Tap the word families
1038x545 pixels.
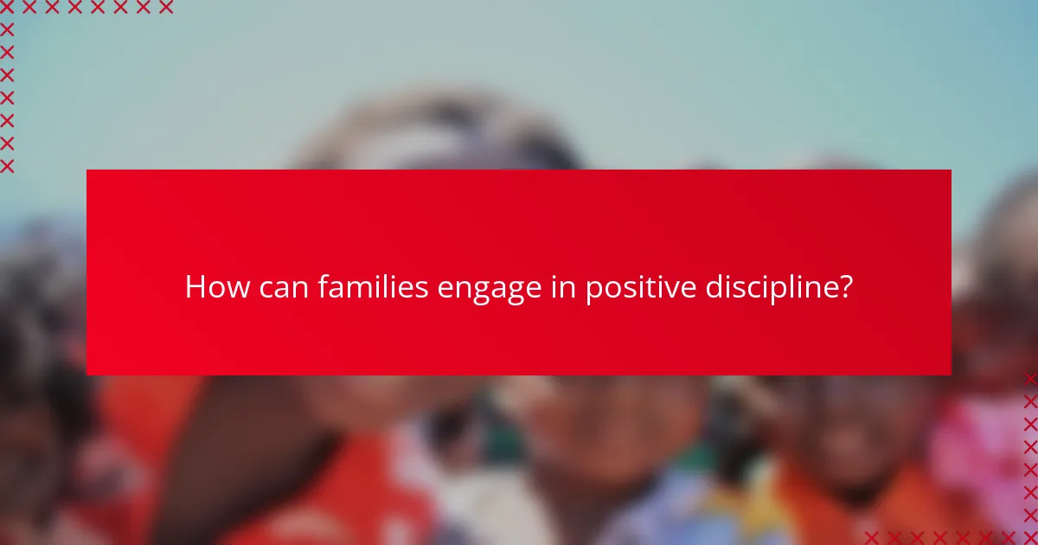pyautogui.click(x=374, y=287)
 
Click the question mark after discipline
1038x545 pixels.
pyautogui.click(x=845, y=287)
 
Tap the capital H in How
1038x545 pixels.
pyautogui.click(x=195, y=287)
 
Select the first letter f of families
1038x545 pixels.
pyautogui.click(x=322, y=286)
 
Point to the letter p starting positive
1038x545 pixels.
pyautogui.click(x=593, y=291)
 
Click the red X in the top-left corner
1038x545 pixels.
pyautogui.click(x=7, y=8)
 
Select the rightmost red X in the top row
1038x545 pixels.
pyautogui.click(x=165, y=8)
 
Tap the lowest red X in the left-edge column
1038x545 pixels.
pyautogui.click(x=7, y=165)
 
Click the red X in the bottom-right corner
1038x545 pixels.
pyautogui.click(x=1030, y=537)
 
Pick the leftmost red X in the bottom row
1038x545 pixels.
pyautogui.click(x=872, y=537)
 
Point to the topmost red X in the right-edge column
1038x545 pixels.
pyautogui.click(x=1030, y=378)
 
